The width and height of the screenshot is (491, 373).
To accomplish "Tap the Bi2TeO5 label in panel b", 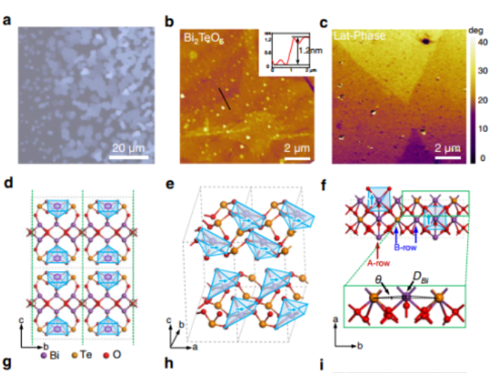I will click(202, 37).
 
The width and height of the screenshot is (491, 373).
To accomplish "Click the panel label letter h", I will click(170, 366).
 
